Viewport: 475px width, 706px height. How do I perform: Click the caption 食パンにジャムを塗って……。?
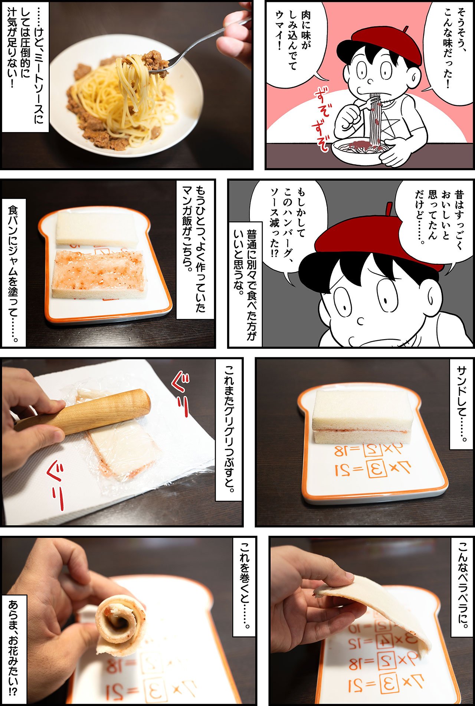pyautogui.click(x=14, y=273)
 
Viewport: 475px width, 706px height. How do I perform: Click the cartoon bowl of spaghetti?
pyautogui.click(x=362, y=151)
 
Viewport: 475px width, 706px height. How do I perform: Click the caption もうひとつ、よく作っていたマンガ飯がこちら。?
pyautogui.click(x=195, y=249)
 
